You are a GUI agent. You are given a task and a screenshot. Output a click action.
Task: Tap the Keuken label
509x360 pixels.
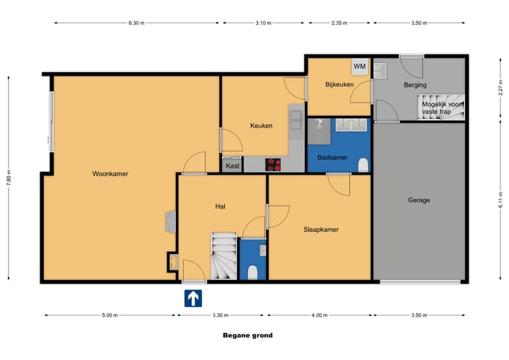(261, 126)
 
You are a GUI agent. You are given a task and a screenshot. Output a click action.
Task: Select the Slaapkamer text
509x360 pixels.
(321, 229)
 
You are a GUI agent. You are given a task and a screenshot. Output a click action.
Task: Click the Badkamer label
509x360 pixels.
(332, 157)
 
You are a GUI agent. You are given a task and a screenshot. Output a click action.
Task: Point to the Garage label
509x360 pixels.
(419, 200)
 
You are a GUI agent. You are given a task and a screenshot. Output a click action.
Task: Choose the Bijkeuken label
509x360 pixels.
(339, 85)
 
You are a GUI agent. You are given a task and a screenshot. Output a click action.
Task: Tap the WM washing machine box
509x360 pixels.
(359, 66)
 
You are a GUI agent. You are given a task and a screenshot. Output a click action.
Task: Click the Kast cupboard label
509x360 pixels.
(232, 166)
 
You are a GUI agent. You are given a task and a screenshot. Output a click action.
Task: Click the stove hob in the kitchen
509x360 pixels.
(273, 165)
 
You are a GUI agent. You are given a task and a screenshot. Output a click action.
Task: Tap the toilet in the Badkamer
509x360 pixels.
(363, 165)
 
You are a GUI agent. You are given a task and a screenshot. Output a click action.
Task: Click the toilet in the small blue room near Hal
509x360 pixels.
(252, 272)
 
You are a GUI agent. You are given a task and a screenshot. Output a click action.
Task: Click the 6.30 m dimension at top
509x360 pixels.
(136, 23)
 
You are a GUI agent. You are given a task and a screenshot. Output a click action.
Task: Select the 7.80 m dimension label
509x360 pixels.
(8, 178)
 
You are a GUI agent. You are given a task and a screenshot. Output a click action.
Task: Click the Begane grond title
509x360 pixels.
(247, 336)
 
